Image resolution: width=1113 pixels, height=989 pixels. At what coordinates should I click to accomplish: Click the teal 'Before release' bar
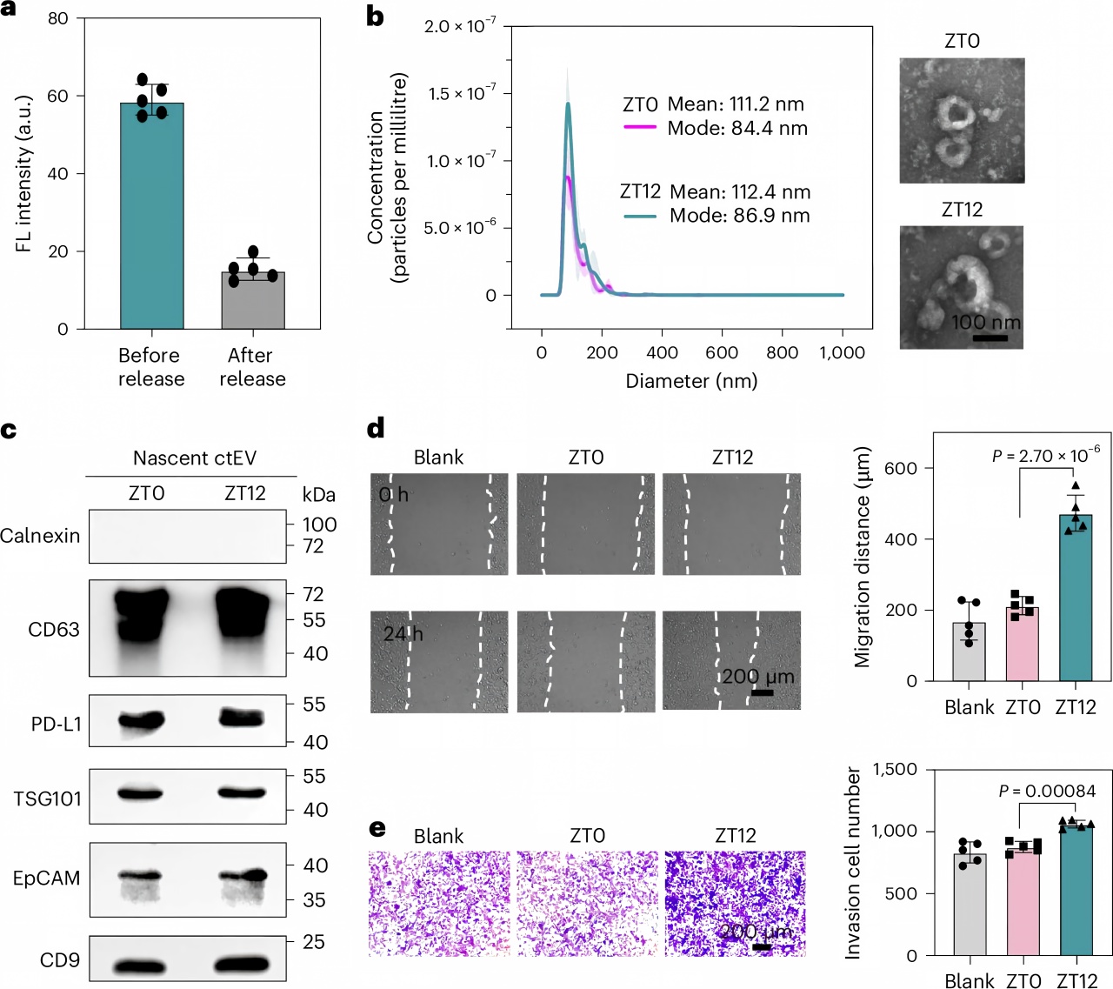pos(152,216)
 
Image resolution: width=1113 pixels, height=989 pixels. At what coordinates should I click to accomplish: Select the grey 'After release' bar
pos(253,300)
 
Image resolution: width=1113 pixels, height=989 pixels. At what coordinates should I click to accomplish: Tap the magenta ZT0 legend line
pos(640,128)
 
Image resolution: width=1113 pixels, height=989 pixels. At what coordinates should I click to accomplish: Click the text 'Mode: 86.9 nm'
pos(739,216)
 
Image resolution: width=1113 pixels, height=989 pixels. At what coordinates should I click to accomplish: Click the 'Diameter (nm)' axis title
pos(691,381)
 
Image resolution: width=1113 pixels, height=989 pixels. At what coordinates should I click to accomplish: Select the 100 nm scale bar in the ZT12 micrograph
pos(990,338)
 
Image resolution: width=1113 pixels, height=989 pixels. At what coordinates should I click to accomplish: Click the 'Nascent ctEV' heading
pos(195,458)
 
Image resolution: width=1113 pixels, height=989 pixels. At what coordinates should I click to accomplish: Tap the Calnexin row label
pos(40,536)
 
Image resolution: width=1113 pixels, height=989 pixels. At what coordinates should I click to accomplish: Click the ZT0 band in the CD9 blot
pos(141,966)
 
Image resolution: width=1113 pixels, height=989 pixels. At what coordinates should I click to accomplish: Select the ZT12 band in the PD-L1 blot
pos(243,718)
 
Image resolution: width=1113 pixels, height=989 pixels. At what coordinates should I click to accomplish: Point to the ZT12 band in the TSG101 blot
pos(242,792)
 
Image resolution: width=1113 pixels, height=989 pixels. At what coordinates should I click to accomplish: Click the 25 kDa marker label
pos(314,942)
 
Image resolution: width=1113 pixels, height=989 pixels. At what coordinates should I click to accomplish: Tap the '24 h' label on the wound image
pos(403,634)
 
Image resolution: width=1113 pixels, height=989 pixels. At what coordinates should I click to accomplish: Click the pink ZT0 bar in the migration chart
pos(1023,645)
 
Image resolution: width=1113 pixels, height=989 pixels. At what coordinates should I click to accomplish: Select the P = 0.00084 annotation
pos(1047,791)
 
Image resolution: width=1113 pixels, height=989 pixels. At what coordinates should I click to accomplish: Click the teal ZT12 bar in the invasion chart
pos(1076,890)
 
